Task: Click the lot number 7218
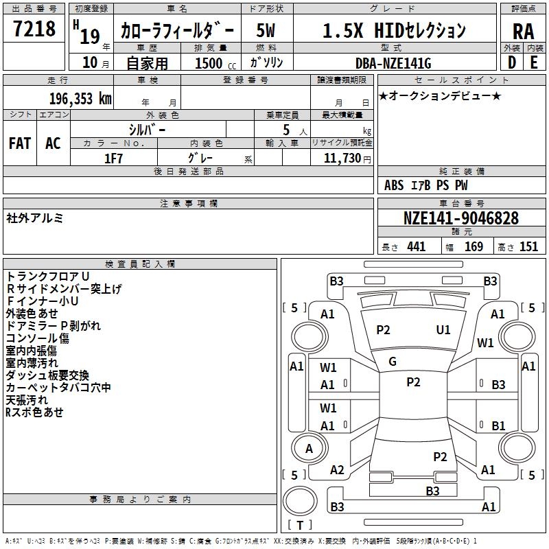(34, 29)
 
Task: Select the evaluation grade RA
(524, 32)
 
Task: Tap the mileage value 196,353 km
(80, 99)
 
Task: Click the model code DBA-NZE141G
(393, 63)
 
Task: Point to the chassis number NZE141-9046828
(461, 218)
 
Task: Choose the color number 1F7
(113, 159)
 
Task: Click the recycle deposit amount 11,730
(342, 159)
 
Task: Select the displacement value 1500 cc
(215, 63)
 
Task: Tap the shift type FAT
(20, 143)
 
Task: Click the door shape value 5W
(266, 30)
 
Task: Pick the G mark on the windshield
(393, 362)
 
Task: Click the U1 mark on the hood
(443, 330)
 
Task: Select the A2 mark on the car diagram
(337, 470)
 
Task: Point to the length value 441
(417, 247)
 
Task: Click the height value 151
(528, 247)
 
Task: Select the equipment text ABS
(394, 185)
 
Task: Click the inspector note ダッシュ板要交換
(47, 375)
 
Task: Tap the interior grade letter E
(534, 62)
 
